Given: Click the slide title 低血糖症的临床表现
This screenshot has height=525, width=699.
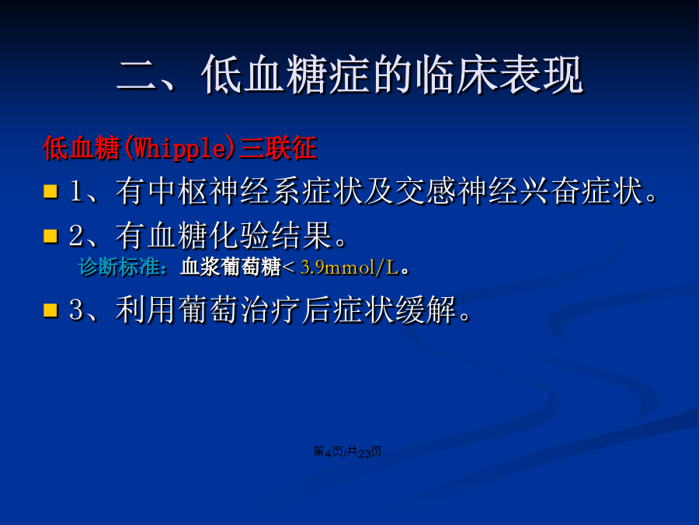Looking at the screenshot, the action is [x=392, y=75].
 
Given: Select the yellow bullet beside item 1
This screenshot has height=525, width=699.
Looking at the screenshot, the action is [x=50, y=191].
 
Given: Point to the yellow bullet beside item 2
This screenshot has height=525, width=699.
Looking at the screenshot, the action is [x=50, y=236].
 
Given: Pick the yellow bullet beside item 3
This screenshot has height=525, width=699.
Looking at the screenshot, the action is [x=50, y=310].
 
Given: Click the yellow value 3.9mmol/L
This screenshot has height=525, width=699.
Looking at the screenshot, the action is [x=350, y=268].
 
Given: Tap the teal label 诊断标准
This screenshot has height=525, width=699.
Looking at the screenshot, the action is [x=119, y=268].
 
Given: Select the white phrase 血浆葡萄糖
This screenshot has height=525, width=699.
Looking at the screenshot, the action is [x=231, y=268].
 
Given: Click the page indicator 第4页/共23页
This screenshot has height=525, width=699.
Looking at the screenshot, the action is [x=348, y=452].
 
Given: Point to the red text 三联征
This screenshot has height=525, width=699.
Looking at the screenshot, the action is [x=278, y=148].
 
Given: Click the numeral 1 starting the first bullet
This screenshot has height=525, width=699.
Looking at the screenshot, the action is [x=76, y=191].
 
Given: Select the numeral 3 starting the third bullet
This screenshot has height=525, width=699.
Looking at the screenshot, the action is [x=76, y=310].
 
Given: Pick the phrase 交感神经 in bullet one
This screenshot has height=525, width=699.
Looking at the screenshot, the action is [x=456, y=191].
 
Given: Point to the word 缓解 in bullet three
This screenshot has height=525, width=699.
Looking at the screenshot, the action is [x=426, y=310].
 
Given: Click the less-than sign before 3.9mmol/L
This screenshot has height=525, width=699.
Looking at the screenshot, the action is [x=288, y=268].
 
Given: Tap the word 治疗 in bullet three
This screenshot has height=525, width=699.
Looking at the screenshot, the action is [x=270, y=310].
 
